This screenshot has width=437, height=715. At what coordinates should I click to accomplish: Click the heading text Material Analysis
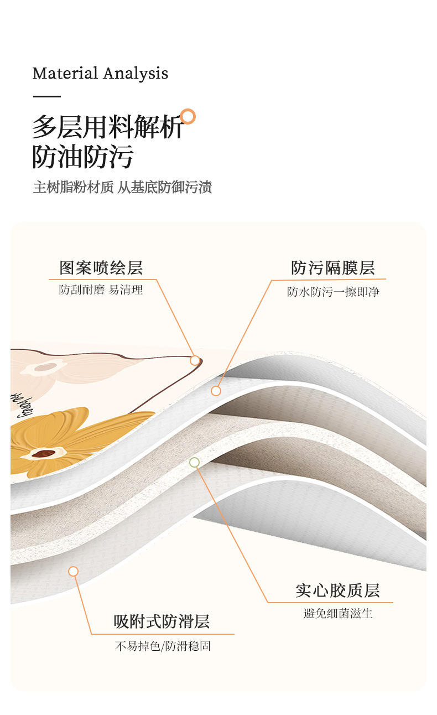(100, 73)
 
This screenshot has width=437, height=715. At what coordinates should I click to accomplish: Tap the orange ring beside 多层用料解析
(188, 117)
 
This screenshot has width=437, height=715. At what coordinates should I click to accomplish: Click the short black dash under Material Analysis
(46, 96)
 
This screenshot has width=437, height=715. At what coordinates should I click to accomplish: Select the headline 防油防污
(83, 157)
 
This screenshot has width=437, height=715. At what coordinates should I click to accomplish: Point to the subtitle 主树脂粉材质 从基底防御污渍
(122, 187)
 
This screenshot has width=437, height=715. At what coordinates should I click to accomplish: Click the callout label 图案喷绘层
(101, 268)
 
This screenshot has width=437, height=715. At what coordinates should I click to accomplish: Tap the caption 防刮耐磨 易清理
(101, 289)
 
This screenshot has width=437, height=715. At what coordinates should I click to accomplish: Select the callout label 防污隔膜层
(333, 268)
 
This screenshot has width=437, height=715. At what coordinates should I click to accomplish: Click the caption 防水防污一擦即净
(333, 292)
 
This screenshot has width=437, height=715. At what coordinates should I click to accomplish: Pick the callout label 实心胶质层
(337, 590)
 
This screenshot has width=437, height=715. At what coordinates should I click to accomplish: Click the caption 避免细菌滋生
(337, 613)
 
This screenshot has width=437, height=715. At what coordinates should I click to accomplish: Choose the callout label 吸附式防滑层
(162, 621)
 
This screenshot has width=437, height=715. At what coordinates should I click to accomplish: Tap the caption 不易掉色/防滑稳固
(163, 646)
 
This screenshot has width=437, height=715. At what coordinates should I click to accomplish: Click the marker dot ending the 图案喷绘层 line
(195, 360)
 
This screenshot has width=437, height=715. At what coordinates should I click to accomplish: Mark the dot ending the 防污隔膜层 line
(216, 391)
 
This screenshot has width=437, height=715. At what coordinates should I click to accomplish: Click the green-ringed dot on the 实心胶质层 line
(194, 462)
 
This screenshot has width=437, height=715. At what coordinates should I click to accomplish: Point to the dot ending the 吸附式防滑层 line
(73, 571)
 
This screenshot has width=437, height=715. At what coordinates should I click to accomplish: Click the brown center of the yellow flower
(43, 454)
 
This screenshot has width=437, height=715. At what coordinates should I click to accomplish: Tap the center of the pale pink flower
(43, 366)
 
